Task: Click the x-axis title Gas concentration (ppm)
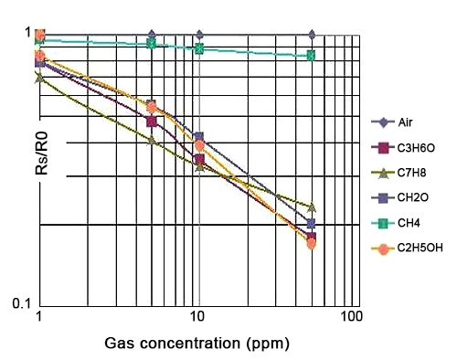tap(196, 344)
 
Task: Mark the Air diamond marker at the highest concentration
tap(312, 35)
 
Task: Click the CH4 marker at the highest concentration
tap(312, 56)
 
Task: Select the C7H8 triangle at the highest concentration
tap(312, 207)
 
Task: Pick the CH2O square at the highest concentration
tap(312, 223)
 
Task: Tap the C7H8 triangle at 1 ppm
tap(39, 78)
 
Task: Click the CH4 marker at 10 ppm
tap(198, 48)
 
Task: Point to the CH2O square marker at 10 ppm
tap(198, 137)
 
